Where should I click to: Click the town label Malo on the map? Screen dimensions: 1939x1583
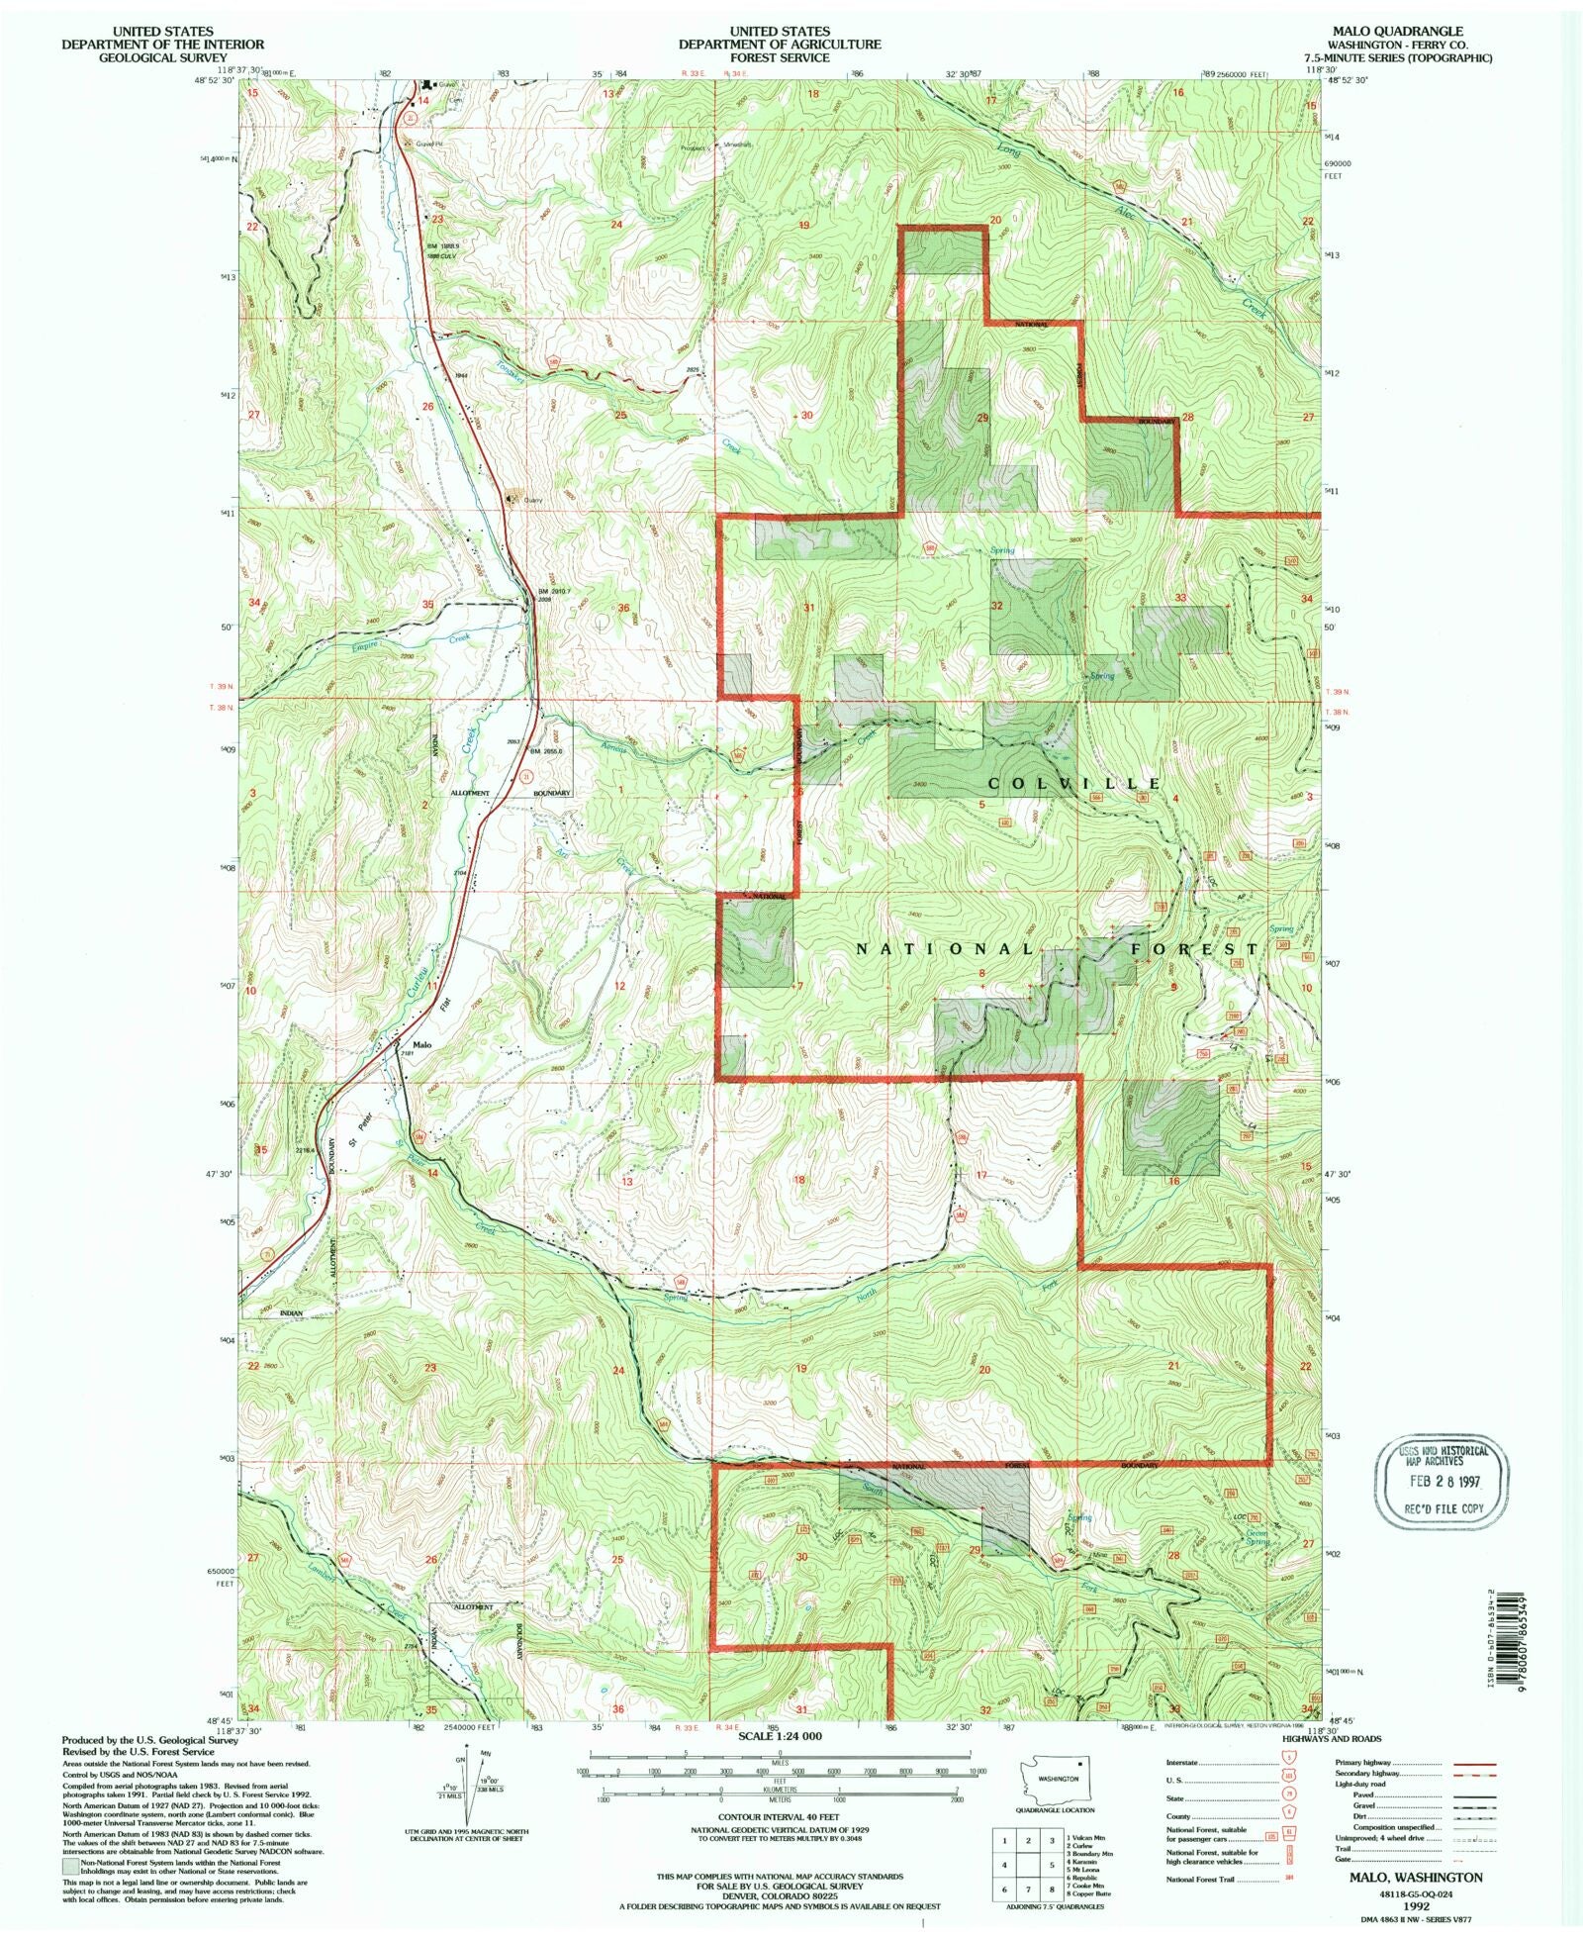pyautogui.click(x=422, y=1044)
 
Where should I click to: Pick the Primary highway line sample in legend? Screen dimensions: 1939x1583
pyautogui.click(x=1474, y=1763)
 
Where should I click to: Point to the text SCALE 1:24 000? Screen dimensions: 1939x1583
pyautogui.click(x=781, y=1737)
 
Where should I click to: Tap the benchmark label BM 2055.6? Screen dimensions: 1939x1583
pyautogui.click(x=545, y=751)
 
